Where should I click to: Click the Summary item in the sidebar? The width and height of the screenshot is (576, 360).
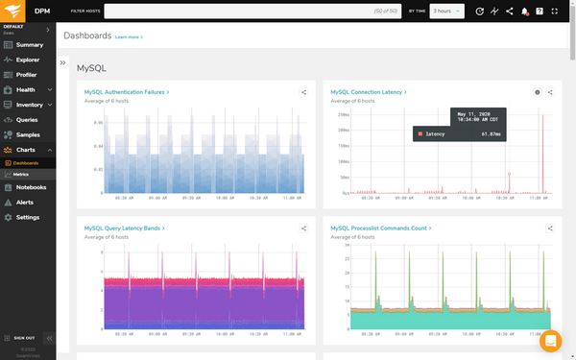click(29, 45)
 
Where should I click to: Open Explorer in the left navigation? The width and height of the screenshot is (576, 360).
click(29, 60)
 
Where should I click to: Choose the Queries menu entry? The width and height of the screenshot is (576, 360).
click(27, 119)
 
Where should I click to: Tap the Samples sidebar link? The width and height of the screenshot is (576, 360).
click(28, 134)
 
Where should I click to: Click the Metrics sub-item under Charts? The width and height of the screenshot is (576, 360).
click(21, 174)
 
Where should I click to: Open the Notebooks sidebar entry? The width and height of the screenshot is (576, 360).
click(31, 187)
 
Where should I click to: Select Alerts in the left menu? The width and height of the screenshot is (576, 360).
click(25, 203)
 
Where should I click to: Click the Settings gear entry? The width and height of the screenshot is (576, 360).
click(28, 217)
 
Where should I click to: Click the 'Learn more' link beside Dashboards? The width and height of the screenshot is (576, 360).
click(129, 36)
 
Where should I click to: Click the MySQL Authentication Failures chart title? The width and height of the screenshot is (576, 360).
click(126, 92)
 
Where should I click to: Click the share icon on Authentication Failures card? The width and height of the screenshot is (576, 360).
click(304, 93)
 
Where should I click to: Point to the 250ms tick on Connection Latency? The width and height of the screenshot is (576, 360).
click(343, 114)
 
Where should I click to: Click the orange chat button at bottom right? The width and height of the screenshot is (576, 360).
click(550, 341)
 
